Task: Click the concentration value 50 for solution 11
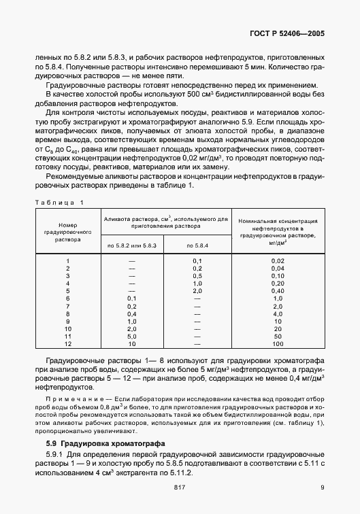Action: tap(278, 336)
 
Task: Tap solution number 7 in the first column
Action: tap(67, 306)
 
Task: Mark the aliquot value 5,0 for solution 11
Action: tap(132, 336)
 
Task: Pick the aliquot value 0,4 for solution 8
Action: tap(132, 313)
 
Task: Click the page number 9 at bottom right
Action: tap(322, 486)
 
